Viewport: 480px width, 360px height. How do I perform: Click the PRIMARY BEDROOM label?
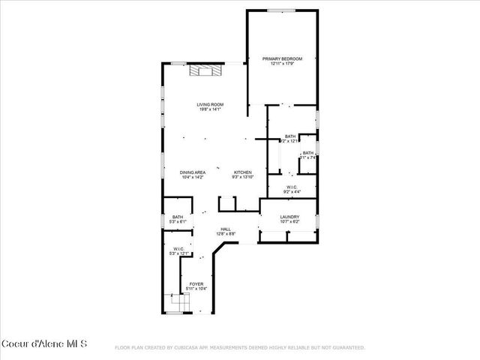click(x=282, y=58)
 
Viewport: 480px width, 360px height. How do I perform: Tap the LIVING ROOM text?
click(x=210, y=104)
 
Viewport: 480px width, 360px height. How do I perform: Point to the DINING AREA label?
click(x=193, y=172)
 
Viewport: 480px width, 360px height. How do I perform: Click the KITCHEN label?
click(x=243, y=172)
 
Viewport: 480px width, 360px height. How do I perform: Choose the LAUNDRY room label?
click(x=289, y=217)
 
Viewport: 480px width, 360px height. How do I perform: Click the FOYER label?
click(x=196, y=283)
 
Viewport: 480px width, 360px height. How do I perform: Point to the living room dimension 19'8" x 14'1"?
click(x=210, y=109)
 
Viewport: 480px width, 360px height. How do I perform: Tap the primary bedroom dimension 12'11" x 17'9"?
click(x=282, y=64)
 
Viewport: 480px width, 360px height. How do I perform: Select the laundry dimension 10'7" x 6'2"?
click(x=289, y=222)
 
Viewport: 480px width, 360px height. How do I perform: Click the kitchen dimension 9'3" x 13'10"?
click(x=243, y=177)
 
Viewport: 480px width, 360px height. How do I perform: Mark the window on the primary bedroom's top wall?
click(x=282, y=10)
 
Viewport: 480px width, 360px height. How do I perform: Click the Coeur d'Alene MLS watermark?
click(x=45, y=343)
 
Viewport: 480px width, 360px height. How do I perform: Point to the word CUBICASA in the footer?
click(x=190, y=348)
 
